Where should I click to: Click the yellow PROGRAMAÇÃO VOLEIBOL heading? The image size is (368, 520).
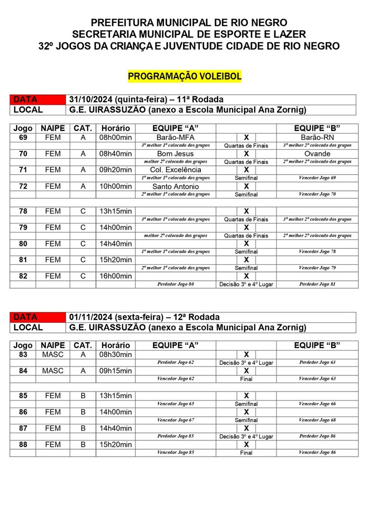click(x=184, y=76)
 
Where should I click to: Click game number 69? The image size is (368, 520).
click(x=23, y=138)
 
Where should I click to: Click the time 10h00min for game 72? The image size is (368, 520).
click(x=116, y=186)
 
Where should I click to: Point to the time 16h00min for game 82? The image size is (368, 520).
click(x=116, y=276)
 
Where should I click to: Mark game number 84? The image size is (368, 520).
click(x=23, y=371)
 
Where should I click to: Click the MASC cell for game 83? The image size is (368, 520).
click(x=53, y=355)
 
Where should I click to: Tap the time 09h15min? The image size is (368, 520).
click(x=116, y=371)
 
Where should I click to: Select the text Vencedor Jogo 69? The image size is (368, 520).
click(x=317, y=178)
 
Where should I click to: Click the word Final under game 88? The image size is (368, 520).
click(x=246, y=452)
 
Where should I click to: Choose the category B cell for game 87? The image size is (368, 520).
click(x=83, y=428)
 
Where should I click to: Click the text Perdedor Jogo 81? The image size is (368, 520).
click(x=317, y=284)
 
